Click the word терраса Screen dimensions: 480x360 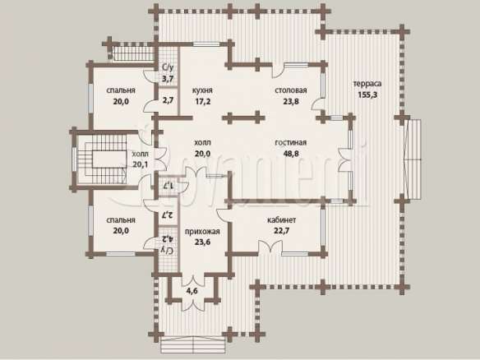pyautogui.click(x=367, y=84)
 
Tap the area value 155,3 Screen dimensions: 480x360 pyautogui.click(x=367, y=95)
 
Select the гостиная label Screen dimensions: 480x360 pyautogui.click(x=290, y=143)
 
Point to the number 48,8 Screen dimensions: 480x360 pyautogui.click(x=290, y=154)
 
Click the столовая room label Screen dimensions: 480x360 pyautogui.click(x=290, y=90)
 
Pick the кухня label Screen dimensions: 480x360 pyautogui.click(x=202, y=90)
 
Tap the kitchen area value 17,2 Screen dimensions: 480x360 pyautogui.click(x=203, y=101)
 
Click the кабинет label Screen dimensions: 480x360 pyautogui.click(x=282, y=219)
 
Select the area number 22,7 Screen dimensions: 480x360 pyautogui.click(x=282, y=230)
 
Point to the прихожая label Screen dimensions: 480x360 pyautogui.click(x=202, y=232)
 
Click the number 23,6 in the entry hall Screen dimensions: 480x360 pyautogui.click(x=202, y=242)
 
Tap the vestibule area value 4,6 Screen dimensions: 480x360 pyautogui.click(x=192, y=291)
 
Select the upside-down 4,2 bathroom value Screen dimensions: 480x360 pyautogui.click(x=168, y=238)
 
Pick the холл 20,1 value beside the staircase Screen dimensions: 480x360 pyautogui.click(x=141, y=164)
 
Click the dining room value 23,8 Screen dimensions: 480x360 pyautogui.click(x=290, y=101)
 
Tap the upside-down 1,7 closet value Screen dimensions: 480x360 pyautogui.click(x=168, y=185)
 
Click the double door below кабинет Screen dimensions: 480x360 pyautogui.click(x=270, y=247)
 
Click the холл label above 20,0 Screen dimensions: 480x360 pyautogui.click(x=202, y=143)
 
